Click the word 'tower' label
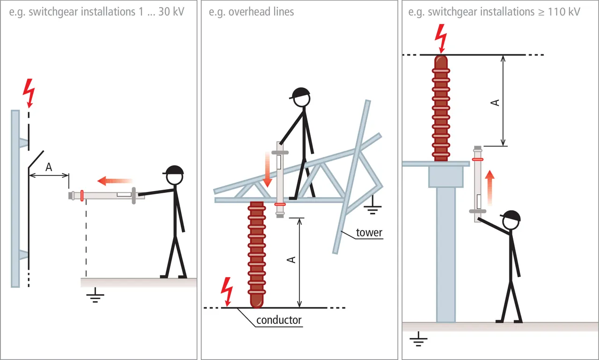tap(369, 233)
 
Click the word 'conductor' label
tap(279, 321)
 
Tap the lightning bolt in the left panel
tap(29, 92)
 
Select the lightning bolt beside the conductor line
tap(227, 291)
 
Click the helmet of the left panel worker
tap(174, 170)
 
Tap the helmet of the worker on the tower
tap(300, 93)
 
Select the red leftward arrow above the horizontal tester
tap(115, 180)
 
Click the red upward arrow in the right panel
tap(489, 187)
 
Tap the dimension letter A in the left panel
tap(49, 167)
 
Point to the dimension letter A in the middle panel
tap(292, 259)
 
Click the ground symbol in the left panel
tap(95, 296)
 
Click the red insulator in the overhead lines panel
tap(256, 253)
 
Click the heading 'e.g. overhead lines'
tap(251, 12)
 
